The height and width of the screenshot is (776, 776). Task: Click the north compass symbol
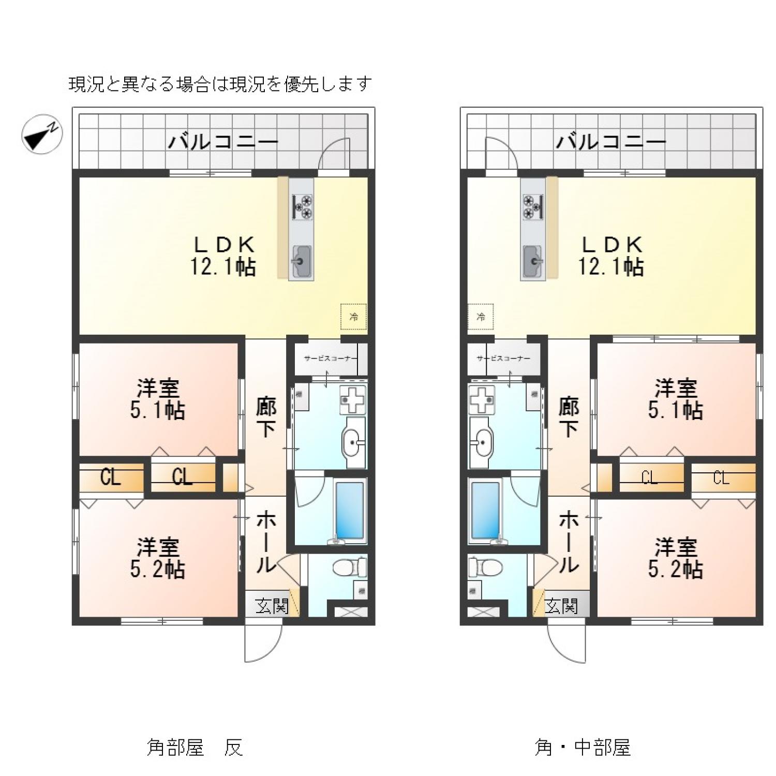point(41,133)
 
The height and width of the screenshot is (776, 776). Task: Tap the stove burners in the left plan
point(302,204)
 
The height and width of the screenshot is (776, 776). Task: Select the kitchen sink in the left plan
point(301,261)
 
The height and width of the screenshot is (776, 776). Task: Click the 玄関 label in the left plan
point(272,606)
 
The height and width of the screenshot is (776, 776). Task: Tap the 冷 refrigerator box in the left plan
point(353,317)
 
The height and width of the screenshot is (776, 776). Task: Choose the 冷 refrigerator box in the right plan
point(481,317)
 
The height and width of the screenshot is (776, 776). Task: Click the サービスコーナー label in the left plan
point(328,358)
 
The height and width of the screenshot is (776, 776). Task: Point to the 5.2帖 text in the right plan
point(675,570)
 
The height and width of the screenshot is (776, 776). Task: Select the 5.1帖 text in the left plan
point(157,411)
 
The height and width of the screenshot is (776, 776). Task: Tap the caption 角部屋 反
point(195,747)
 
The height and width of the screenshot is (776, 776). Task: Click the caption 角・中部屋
point(582,747)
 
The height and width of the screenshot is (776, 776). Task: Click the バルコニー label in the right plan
point(610,141)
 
